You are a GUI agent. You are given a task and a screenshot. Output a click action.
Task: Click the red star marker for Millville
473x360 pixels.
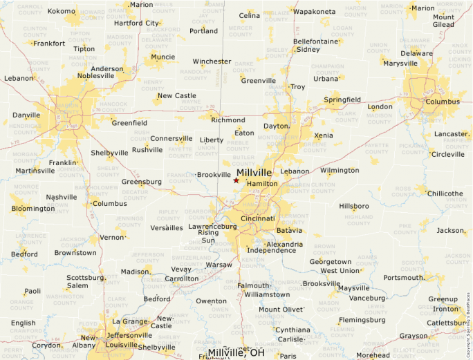(236, 180)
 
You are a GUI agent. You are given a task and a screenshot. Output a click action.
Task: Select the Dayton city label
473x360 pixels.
(275, 126)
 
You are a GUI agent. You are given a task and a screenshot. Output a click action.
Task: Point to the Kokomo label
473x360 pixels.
(61, 11)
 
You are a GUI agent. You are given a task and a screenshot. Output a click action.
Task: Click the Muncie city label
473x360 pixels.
(163, 57)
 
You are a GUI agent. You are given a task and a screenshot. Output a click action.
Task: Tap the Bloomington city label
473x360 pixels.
(33, 209)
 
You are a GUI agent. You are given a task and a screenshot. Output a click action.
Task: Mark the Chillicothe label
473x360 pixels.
(445, 193)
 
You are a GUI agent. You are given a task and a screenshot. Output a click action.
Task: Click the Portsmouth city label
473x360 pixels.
(403, 278)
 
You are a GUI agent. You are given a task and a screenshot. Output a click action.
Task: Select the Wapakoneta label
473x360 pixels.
(315, 12)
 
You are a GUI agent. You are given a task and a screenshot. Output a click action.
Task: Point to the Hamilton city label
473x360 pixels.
(262, 184)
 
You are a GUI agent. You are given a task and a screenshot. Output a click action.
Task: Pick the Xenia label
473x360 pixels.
(323, 135)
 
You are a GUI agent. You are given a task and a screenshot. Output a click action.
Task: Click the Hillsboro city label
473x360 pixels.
(354, 207)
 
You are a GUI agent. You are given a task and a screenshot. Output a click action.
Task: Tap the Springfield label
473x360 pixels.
(342, 100)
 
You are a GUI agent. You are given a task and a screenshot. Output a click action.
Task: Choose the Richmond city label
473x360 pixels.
(228, 120)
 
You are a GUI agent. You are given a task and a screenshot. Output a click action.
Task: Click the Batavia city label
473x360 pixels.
(289, 229)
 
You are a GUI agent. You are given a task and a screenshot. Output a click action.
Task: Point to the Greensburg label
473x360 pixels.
(142, 182)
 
